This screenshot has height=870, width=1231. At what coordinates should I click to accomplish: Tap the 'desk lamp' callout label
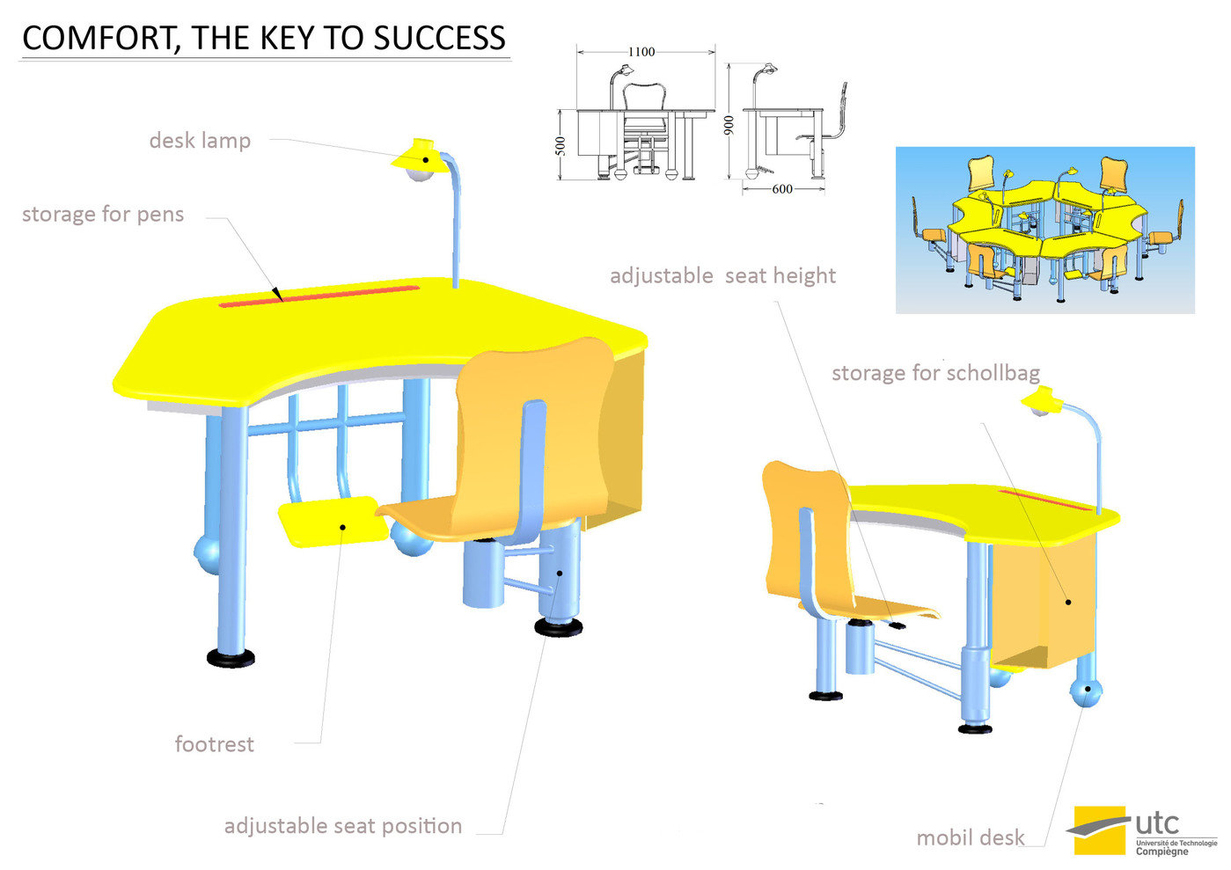tap(200, 141)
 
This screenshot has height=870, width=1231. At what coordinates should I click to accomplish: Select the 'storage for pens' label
tap(103, 215)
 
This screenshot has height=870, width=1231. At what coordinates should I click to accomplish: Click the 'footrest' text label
tap(214, 744)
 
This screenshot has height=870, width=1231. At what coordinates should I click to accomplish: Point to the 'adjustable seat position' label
tap(343, 826)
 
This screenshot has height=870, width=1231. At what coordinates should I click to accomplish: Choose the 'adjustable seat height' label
tap(722, 276)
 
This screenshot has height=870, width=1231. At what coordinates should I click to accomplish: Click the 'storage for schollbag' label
tap(935, 373)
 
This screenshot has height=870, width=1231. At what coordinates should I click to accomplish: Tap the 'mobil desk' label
tap(971, 837)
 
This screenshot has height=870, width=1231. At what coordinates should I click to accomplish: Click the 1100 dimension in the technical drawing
tap(641, 52)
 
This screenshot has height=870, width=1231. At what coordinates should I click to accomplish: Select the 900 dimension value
tap(729, 125)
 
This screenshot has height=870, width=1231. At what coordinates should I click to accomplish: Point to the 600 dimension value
tap(781, 188)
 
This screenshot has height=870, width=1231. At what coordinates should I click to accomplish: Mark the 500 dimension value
tap(561, 146)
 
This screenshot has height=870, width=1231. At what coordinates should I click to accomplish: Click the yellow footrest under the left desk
tap(333, 521)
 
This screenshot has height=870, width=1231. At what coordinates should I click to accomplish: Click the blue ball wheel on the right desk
tap(1088, 695)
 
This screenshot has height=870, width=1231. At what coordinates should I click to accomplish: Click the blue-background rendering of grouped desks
tap(1044, 230)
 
